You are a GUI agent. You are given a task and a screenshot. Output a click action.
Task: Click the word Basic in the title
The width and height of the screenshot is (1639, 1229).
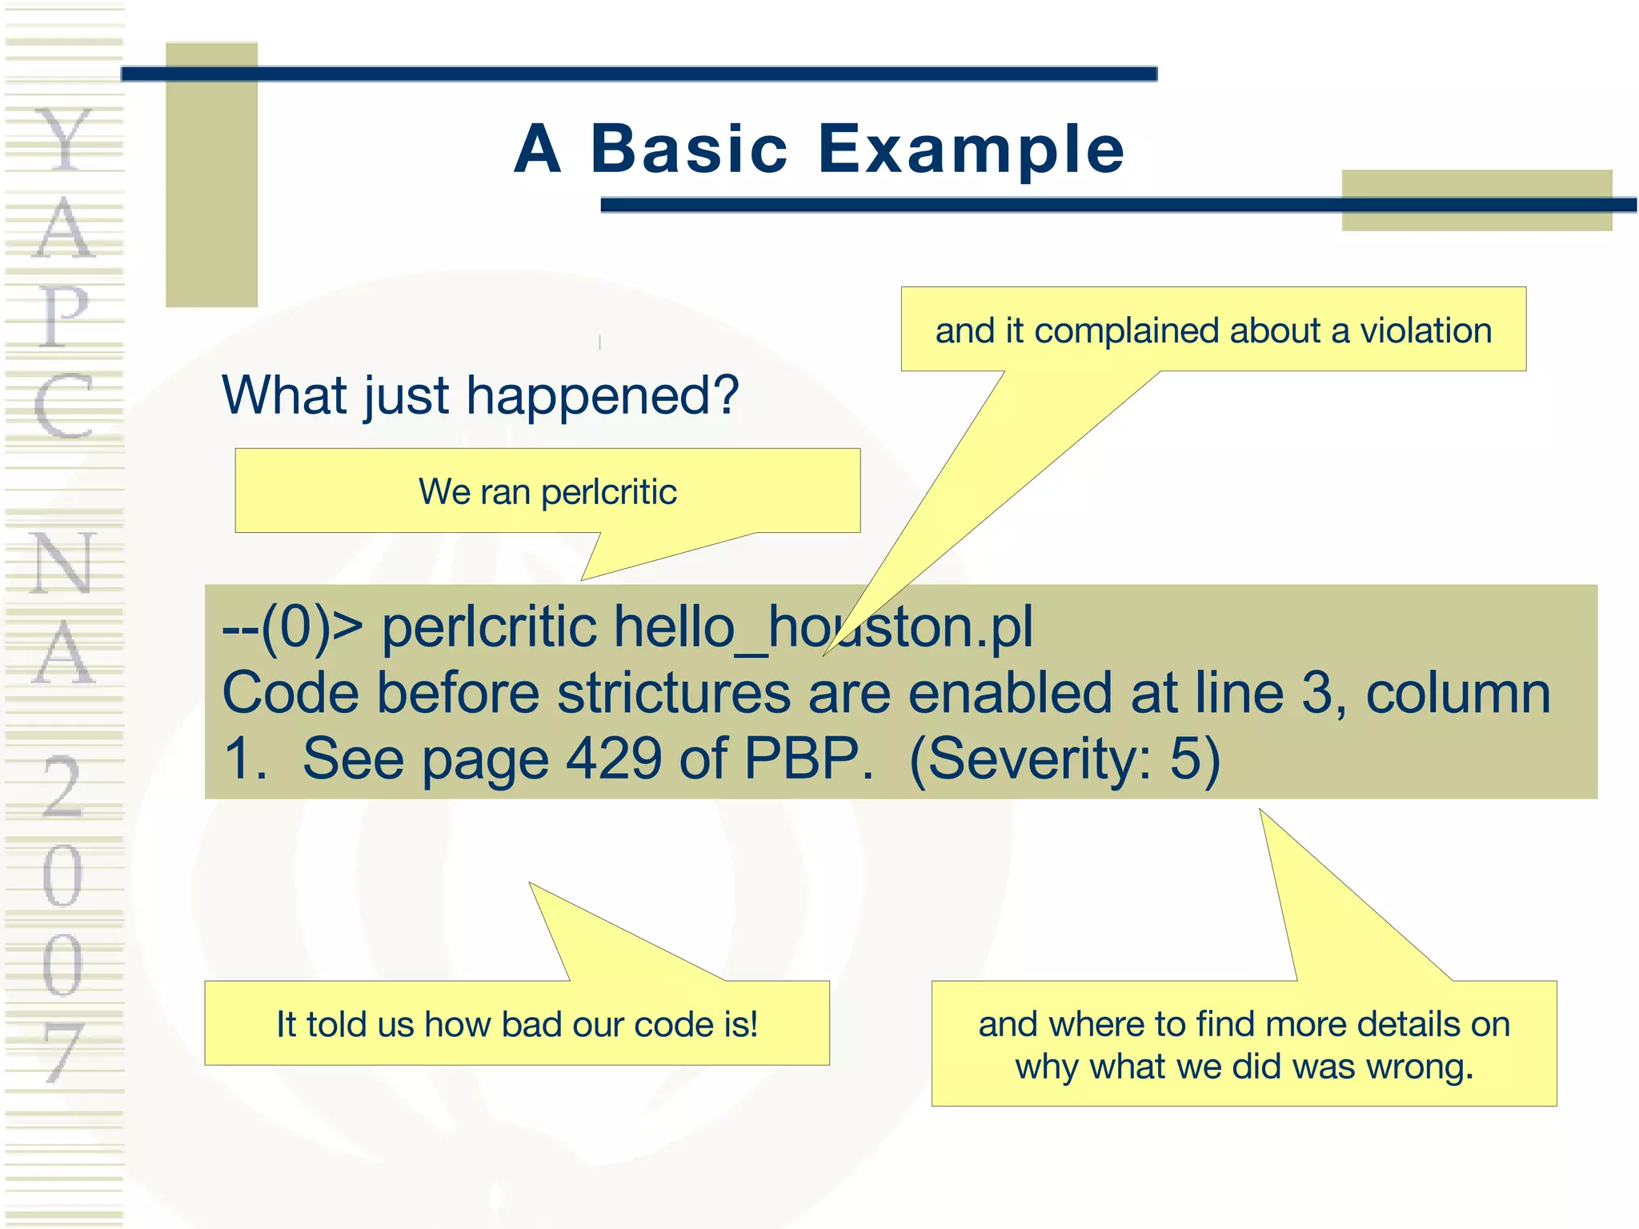[689, 150]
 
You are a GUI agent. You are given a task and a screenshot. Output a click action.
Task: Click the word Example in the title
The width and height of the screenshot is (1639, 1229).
[971, 150]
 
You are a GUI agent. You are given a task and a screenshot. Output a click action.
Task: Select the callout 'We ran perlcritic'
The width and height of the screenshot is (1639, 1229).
[547, 491]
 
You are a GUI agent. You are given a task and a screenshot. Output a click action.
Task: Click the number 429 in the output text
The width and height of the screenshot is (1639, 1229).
[614, 759]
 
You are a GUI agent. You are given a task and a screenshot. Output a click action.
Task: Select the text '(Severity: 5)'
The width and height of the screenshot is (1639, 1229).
[1064, 759]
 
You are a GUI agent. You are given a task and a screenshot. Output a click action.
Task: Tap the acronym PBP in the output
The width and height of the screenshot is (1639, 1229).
[808, 759]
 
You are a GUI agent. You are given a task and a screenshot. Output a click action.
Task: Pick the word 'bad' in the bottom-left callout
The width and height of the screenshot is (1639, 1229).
[531, 1024]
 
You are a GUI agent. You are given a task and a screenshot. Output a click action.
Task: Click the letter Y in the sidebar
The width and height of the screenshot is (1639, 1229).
[64, 140]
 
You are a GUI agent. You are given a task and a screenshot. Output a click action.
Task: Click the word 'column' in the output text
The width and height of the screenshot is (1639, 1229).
[1457, 693]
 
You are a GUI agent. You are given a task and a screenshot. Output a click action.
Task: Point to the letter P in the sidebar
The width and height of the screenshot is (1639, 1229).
[64, 316]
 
